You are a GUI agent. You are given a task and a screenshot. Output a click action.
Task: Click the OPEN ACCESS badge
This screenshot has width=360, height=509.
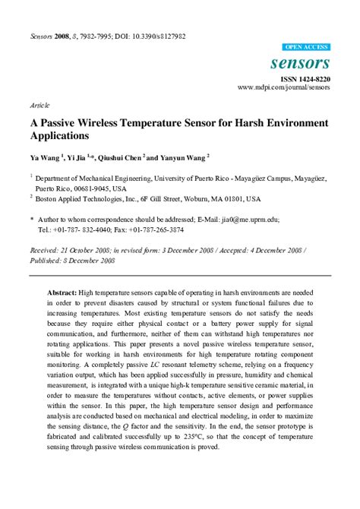point(305,47)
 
